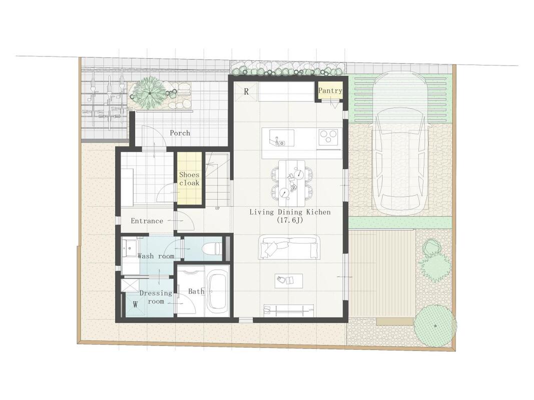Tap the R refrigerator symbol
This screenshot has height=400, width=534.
click(x=247, y=91)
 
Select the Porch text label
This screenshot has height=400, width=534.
click(x=180, y=133)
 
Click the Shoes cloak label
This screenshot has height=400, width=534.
click(x=189, y=179)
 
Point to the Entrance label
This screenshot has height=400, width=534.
click(x=147, y=220)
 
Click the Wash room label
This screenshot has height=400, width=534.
click(x=156, y=256)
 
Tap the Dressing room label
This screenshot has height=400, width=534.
click(x=156, y=297)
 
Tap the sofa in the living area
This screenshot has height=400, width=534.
click(x=288, y=247)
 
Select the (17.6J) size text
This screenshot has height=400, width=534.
click(x=290, y=219)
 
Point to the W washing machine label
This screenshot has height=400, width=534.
click(x=135, y=303)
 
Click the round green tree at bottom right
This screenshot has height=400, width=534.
click(x=435, y=325)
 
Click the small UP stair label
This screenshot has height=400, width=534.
click(x=218, y=208)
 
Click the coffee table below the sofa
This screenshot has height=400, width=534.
click(x=290, y=280)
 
